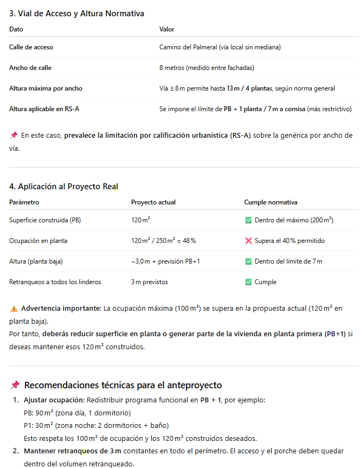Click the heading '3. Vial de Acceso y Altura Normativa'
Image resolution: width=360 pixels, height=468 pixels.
coord(76,13)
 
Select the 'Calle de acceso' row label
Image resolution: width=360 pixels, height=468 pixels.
coord(31,47)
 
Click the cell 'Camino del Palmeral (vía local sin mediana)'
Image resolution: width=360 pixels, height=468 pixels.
coord(220,47)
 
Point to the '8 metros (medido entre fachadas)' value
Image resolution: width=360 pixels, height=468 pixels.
coord(207,68)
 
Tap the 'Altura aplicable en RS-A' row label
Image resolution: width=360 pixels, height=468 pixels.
coord(44,109)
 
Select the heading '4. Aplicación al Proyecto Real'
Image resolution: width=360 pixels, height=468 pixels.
coord(63,187)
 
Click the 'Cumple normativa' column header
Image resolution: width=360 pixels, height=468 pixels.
coord(271,202)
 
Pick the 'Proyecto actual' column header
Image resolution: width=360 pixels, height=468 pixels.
coord(153,202)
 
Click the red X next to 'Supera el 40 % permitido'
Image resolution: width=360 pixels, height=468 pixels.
coord(248,241)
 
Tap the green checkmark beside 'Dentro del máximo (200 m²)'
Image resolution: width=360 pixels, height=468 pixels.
coord(248,220)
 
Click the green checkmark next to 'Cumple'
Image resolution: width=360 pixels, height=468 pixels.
coord(248,282)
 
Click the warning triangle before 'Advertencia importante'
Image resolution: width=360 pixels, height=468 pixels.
coord(14,309)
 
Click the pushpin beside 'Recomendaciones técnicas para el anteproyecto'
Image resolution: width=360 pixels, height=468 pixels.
coord(15,385)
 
